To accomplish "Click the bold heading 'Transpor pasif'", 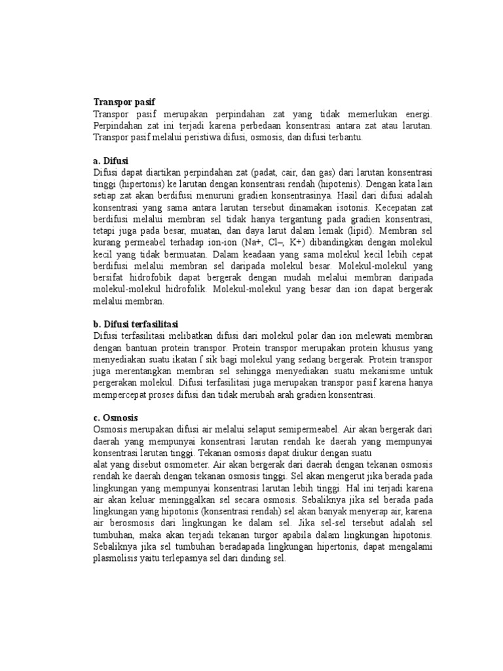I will (x=125, y=102).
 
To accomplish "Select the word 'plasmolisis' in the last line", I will (x=119, y=559).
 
